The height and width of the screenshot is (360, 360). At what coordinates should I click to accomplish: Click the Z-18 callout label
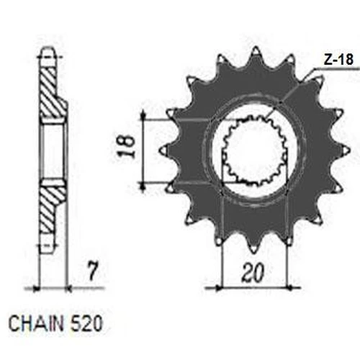[338, 60]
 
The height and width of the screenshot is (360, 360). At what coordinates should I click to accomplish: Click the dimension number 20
[253, 273]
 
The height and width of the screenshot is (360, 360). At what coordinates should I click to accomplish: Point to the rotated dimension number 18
[126, 146]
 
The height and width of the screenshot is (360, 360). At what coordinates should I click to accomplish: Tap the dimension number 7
[92, 271]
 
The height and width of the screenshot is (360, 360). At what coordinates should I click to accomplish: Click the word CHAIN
[36, 323]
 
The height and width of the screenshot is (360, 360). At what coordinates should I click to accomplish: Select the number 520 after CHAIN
[86, 323]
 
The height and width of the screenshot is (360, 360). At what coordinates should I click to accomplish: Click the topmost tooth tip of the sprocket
[256, 48]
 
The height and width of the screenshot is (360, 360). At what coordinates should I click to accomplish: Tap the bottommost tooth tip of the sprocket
[253, 253]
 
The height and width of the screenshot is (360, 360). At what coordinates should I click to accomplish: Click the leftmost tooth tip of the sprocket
[161, 150]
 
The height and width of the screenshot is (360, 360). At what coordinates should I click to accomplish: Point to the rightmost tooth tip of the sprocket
[349, 150]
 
